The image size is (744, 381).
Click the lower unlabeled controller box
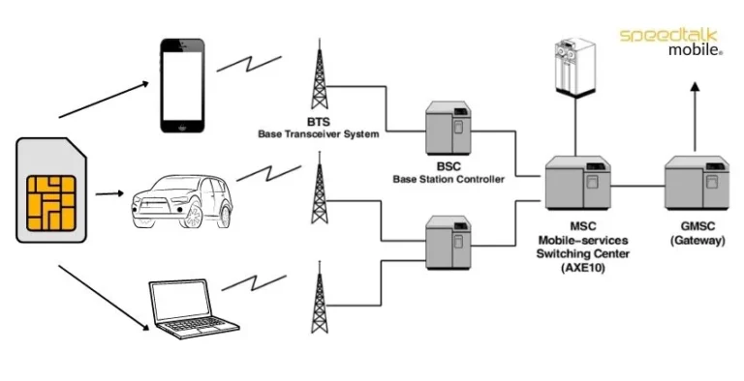(x=449, y=241)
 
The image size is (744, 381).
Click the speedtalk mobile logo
(x=671, y=41)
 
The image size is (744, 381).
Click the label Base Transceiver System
(x=318, y=133)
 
